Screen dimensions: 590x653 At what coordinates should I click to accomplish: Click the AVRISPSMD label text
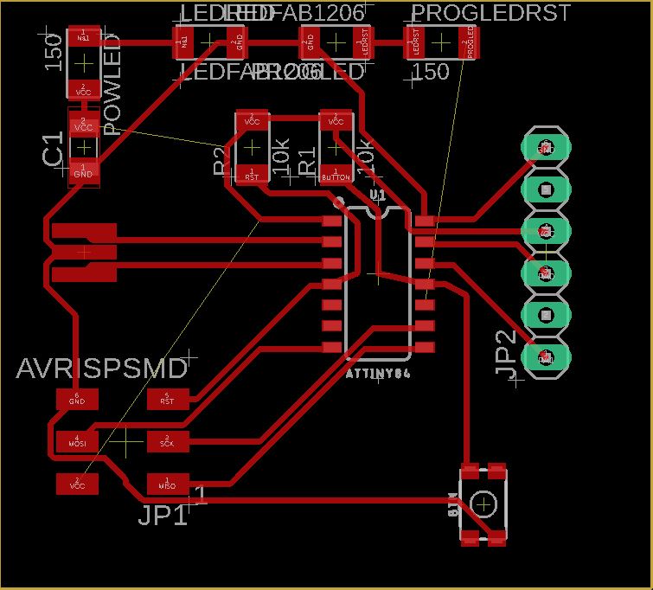[x=102, y=369]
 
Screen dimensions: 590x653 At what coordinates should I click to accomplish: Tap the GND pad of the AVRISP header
[x=77, y=399]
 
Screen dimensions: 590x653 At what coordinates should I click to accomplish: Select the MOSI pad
[x=77, y=441]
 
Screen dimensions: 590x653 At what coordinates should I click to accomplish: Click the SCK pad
[x=168, y=441]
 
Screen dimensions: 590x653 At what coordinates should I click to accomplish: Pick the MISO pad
[x=168, y=484]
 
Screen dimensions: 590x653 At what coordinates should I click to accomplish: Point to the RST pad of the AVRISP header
[x=168, y=399]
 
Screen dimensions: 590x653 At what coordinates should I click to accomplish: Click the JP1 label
[x=163, y=515]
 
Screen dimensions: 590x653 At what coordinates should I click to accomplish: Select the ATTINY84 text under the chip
[x=377, y=374]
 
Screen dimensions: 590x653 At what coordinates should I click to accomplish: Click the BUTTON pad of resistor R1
[x=336, y=175]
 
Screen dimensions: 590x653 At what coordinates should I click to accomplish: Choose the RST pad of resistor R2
[x=252, y=175]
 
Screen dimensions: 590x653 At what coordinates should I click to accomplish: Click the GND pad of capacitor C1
[x=84, y=172]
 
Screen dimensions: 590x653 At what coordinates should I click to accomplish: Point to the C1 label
[x=53, y=149]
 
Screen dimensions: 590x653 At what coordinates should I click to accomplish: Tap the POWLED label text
[x=112, y=93]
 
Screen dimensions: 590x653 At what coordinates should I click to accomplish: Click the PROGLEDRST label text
[x=490, y=13]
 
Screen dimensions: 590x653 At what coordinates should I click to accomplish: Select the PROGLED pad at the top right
[x=470, y=42]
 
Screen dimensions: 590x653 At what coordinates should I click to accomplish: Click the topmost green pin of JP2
[x=547, y=148]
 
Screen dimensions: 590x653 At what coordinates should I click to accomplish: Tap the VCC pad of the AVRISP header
[x=77, y=484]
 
